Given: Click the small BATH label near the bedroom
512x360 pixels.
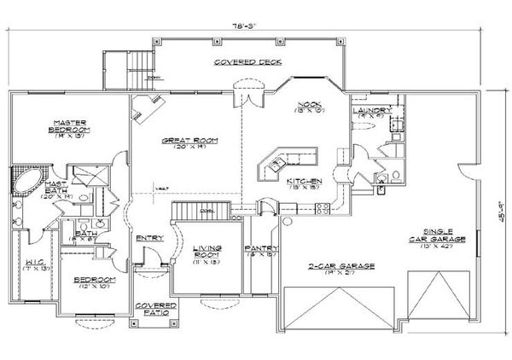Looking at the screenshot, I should [84, 235].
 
